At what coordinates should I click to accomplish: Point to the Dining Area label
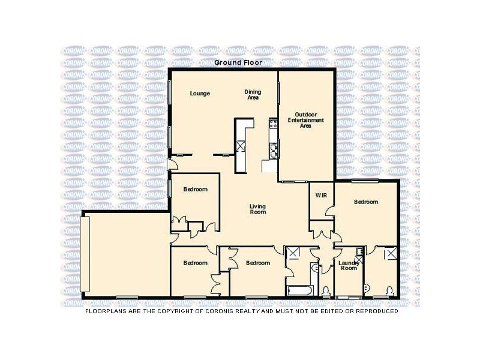tap(253, 94)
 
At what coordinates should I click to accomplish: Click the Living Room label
tap(257, 209)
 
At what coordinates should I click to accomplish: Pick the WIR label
tap(320, 195)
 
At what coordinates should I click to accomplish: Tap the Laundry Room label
tap(349, 265)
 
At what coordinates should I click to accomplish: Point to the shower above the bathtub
tap(293, 254)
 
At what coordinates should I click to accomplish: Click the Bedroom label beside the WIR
tap(366, 202)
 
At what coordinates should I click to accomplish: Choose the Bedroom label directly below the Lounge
tap(196, 190)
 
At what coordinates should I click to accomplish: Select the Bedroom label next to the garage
tap(196, 263)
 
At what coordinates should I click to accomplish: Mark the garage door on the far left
tap(85, 256)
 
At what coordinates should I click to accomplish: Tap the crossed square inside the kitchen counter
tap(241, 146)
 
